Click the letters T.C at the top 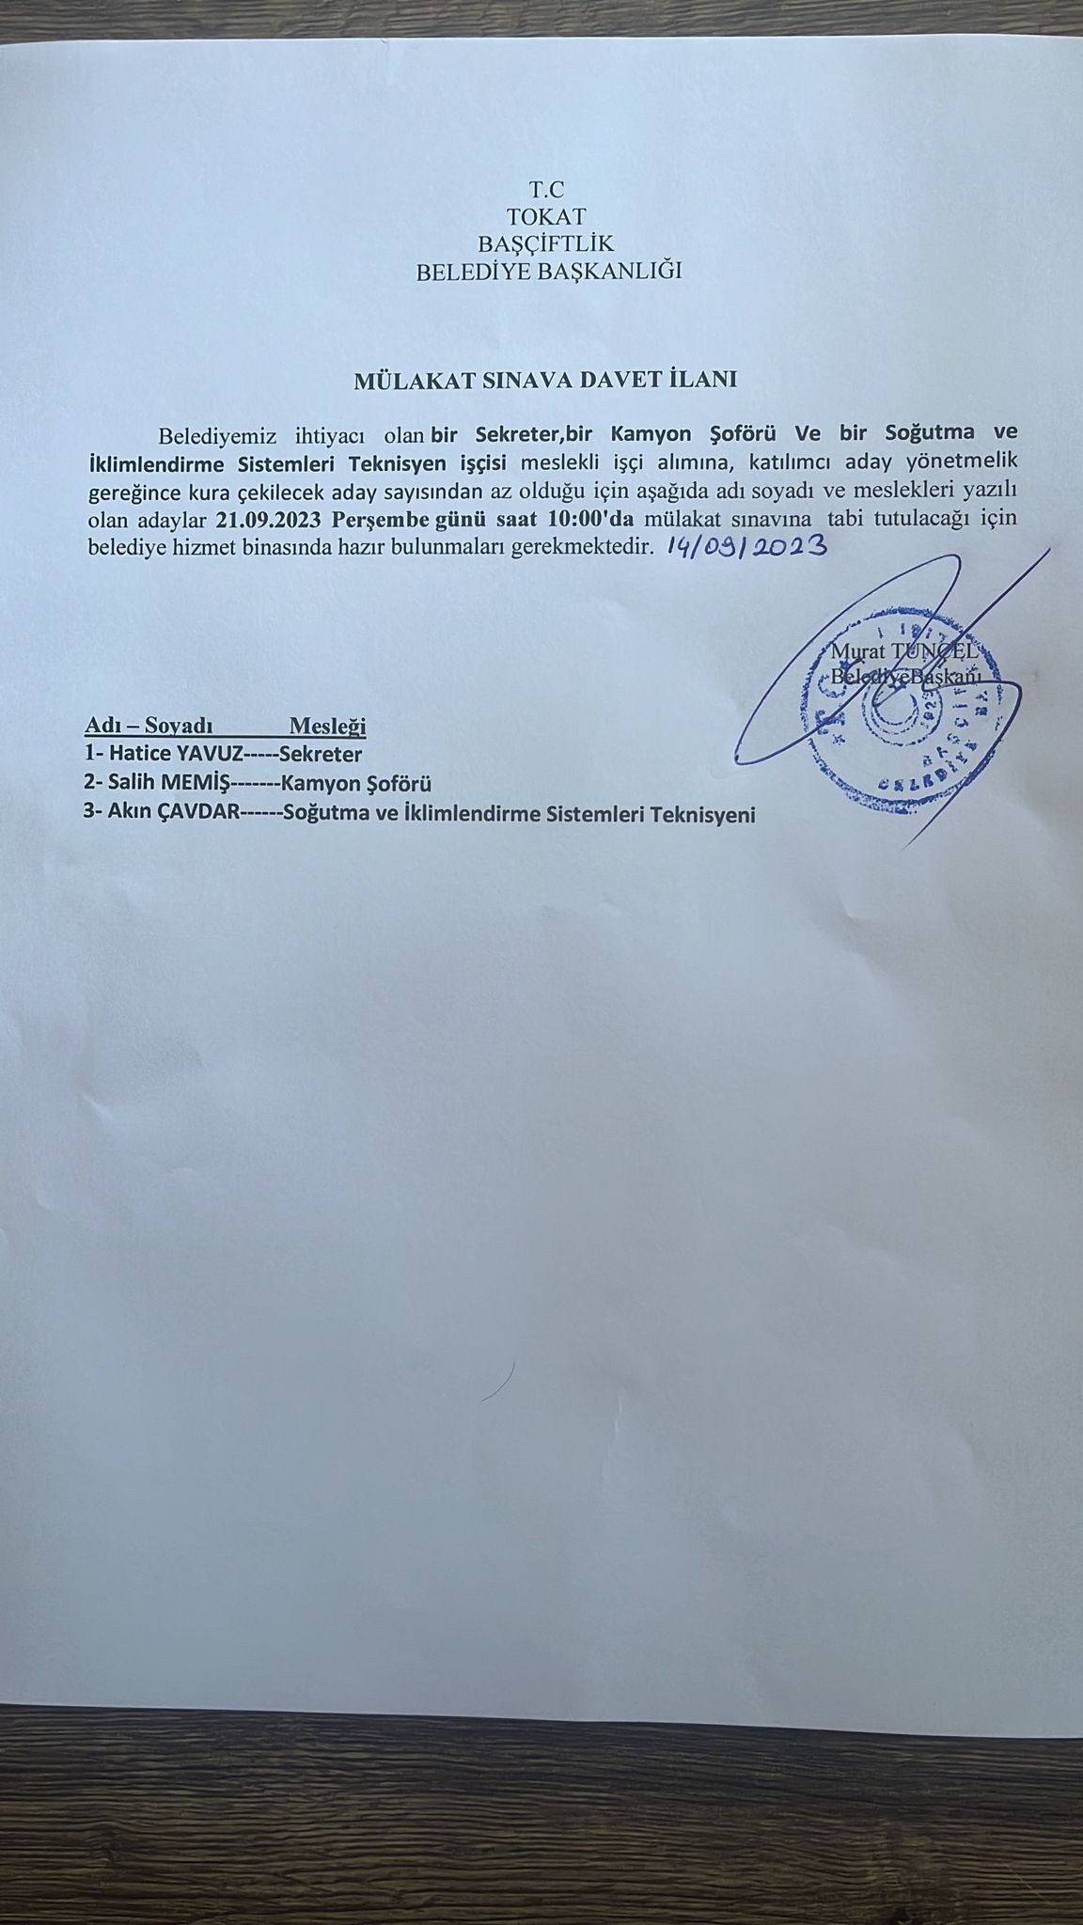546,189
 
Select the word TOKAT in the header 546,216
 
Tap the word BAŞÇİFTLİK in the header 546,244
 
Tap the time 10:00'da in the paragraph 590,520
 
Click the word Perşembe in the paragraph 380,520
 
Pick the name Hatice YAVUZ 176,754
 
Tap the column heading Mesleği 327,726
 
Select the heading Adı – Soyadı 149,726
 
